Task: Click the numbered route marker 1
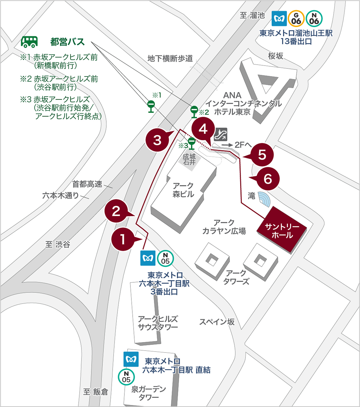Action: pyautogui.click(x=123, y=239)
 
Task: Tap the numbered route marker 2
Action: pyautogui.click(x=116, y=211)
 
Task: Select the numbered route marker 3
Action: pyautogui.click(x=157, y=140)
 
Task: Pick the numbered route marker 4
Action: pyautogui.click(x=203, y=129)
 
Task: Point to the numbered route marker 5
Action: pyautogui.click(x=262, y=155)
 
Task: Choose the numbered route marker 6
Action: pyautogui.click(x=267, y=179)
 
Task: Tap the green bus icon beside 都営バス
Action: pyautogui.click(x=29, y=42)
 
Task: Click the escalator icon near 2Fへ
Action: pyautogui.click(x=221, y=134)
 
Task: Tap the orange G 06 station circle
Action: pyautogui.click(x=296, y=18)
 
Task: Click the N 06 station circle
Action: pyautogui.click(x=314, y=18)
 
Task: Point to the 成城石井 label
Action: pyautogui.click(x=189, y=159)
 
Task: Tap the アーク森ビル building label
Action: pyautogui.click(x=183, y=190)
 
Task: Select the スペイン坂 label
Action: pyautogui.click(x=217, y=322)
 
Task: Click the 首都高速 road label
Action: pyautogui.click(x=87, y=184)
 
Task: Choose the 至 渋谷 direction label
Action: pyautogui.click(x=58, y=244)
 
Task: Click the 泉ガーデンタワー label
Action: pyautogui.click(x=149, y=393)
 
